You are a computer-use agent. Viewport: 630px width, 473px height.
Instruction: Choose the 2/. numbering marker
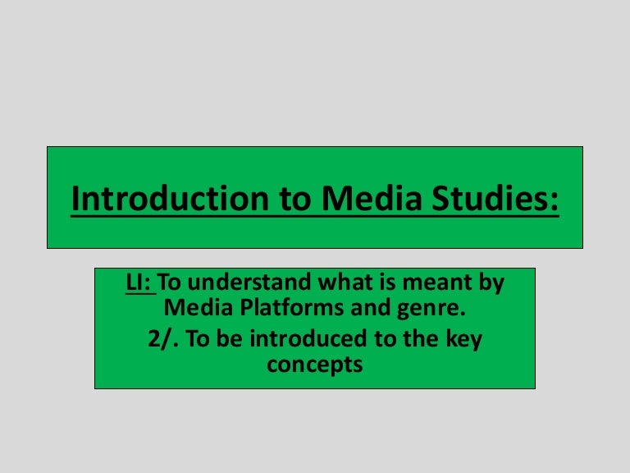click(x=163, y=338)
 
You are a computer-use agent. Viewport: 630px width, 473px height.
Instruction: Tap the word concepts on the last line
click(x=314, y=365)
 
